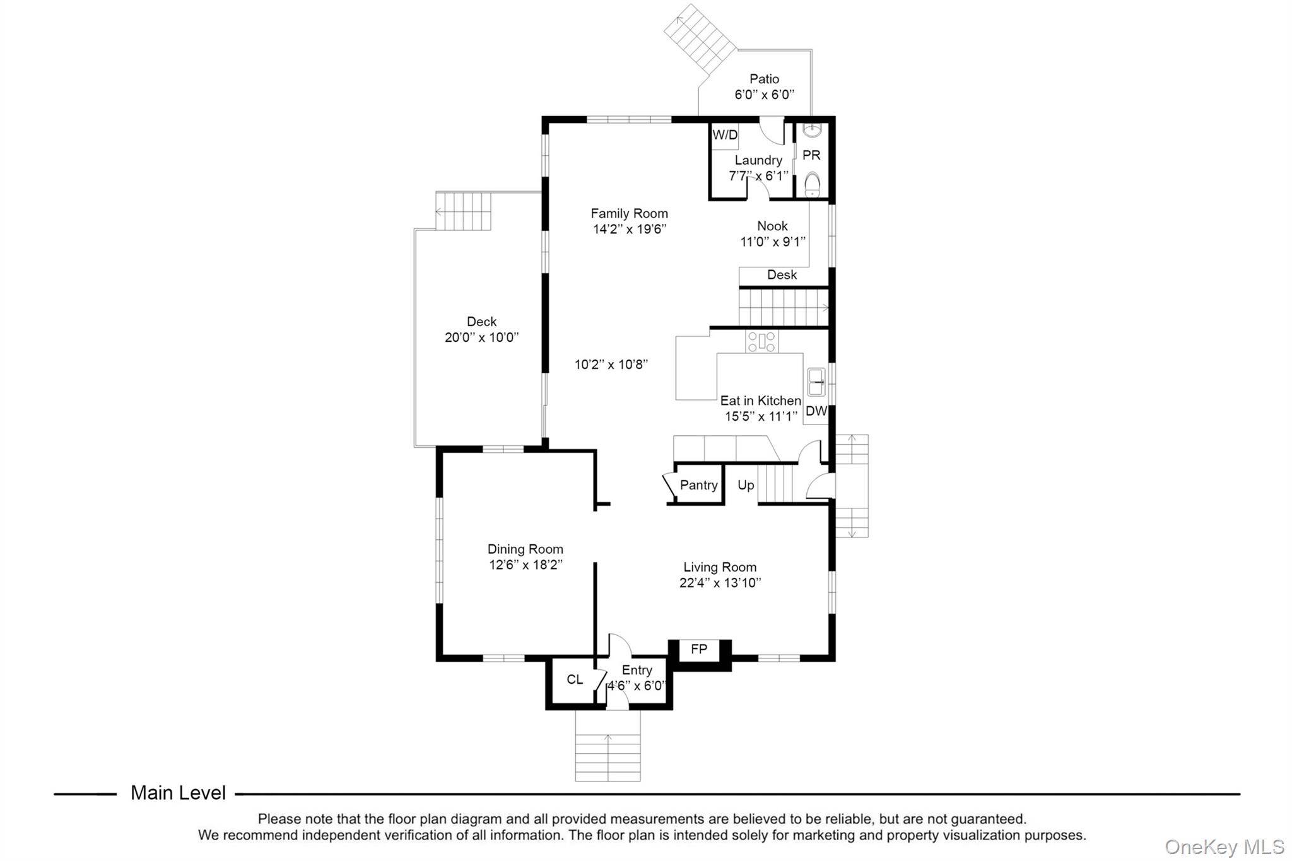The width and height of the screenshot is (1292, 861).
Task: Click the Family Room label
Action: coord(629,213)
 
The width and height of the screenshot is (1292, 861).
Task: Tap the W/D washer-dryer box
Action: coord(725,136)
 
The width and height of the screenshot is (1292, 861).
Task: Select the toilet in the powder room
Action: coord(812,185)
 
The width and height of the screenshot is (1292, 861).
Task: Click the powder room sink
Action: coord(812,130)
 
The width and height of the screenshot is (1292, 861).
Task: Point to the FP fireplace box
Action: coord(699,649)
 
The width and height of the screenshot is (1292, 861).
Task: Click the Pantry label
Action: coord(699,485)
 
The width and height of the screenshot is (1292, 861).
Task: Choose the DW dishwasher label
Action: coord(816,411)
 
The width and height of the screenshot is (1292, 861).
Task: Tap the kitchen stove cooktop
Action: coord(762,341)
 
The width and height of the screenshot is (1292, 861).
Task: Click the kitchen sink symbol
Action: coord(816,382)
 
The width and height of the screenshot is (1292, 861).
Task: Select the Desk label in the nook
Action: coord(782,275)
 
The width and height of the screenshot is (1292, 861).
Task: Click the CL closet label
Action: coord(575,679)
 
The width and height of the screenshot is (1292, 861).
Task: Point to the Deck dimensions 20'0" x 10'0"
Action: coord(482,337)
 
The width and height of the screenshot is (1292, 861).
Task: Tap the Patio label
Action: coord(765,79)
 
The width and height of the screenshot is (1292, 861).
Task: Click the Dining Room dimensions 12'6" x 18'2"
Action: coord(526,565)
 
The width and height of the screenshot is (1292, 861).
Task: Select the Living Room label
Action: coord(720,567)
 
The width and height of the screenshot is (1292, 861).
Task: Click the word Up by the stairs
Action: coord(746,485)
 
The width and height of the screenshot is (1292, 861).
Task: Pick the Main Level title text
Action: coord(178,793)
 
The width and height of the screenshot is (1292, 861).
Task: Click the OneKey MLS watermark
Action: coord(1224,846)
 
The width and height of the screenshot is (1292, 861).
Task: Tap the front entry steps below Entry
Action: coord(608,746)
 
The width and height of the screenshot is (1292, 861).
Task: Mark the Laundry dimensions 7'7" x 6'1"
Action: coord(758,176)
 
